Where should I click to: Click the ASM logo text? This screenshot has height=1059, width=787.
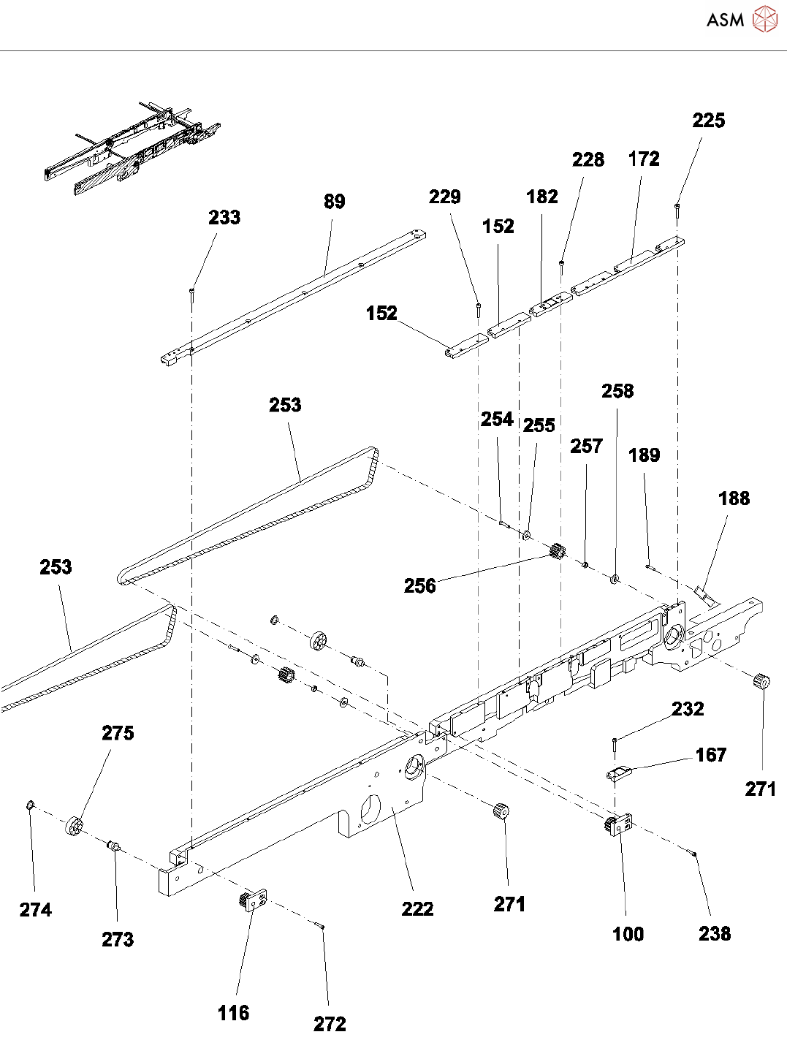coord(725,20)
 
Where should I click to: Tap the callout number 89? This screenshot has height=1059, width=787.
coord(334,202)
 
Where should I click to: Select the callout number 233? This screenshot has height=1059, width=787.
coord(224,217)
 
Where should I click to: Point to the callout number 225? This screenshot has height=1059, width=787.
coord(708,121)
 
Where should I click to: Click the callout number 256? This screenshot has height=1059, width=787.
coord(419,585)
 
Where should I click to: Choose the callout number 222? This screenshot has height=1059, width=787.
coord(417,908)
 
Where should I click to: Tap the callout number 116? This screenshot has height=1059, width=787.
coord(233,1013)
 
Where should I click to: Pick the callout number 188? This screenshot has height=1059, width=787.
coord(734,498)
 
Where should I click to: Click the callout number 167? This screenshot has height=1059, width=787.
coord(710,755)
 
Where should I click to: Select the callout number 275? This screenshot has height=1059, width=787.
coord(118,733)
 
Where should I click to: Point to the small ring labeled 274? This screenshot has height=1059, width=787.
coord(29,805)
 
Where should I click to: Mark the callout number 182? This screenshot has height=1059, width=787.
coord(541,197)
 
